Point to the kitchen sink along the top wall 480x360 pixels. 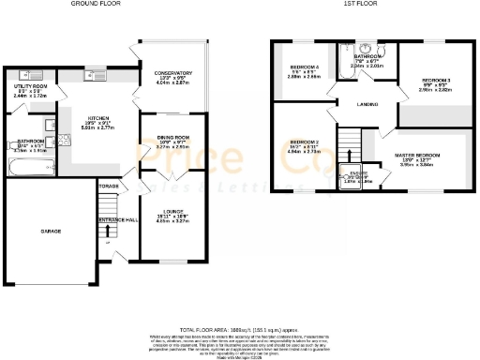[90, 75]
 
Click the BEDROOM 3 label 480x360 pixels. [435, 81]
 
